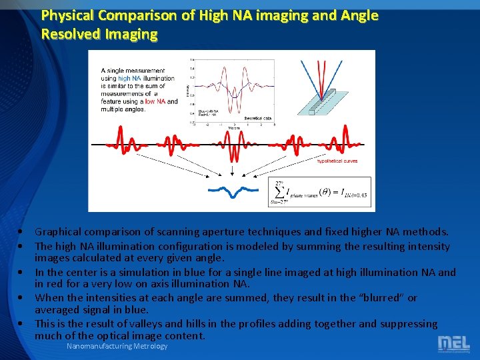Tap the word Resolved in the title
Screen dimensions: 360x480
(68, 33)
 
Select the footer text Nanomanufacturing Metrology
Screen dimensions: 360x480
(117, 346)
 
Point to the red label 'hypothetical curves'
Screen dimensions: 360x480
(337, 161)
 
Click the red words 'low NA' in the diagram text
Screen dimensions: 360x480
(155, 101)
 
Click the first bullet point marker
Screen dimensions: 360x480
(23, 232)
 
